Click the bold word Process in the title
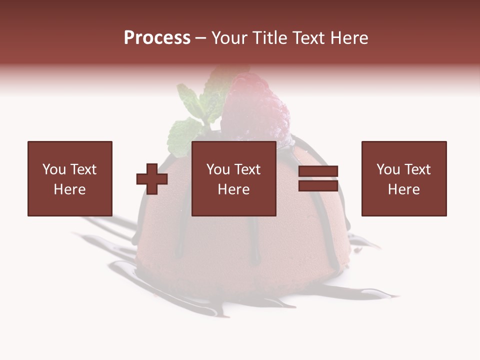pyautogui.click(x=157, y=38)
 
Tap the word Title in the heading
pyautogui.click(x=269, y=38)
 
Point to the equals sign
pyautogui.click(x=318, y=178)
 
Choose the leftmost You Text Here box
pyautogui.click(x=70, y=178)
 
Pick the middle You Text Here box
pyautogui.click(x=234, y=178)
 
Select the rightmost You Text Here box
pyautogui.click(x=404, y=178)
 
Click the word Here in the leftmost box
pyautogui.click(x=69, y=189)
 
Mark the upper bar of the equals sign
pyautogui.click(x=318, y=171)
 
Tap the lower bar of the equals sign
pyautogui.click(x=318, y=185)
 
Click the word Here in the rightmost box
pyautogui.click(x=403, y=189)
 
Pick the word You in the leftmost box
pyautogui.click(x=53, y=169)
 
